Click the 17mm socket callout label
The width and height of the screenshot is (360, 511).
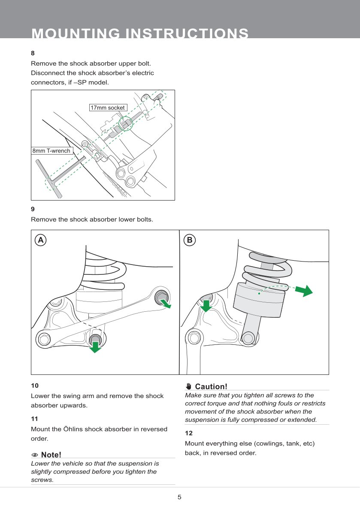[108, 107]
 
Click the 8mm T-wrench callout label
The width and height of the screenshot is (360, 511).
[51, 151]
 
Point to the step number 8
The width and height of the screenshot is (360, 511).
[33, 53]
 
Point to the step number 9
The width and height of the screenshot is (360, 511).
[33, 209]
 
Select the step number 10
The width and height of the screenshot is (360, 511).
[35, 386]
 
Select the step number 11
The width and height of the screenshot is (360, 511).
[34, 418]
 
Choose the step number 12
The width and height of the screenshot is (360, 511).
[188, 433]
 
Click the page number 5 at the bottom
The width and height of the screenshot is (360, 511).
[180, 497]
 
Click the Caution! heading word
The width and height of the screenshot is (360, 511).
[211, 386]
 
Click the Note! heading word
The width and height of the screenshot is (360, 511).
[51, 455]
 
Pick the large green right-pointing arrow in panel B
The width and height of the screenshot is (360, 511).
[306, 290]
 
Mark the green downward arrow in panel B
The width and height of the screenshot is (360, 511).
[206, 306]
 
